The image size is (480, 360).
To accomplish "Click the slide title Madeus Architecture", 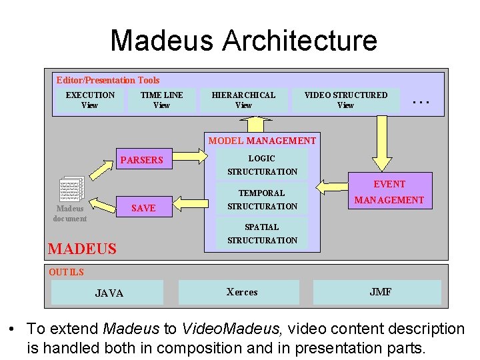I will pos(243,40).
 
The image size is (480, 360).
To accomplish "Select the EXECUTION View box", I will pos(89,100).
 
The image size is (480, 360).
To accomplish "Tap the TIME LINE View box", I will pos(161,100).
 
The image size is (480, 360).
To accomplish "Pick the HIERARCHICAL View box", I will pos(243,100).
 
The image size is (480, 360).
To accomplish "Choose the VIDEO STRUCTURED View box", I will pos(345,100).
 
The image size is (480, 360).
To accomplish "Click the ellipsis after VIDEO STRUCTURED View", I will pos(421,101).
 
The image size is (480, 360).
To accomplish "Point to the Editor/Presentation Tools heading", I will pos(108,80).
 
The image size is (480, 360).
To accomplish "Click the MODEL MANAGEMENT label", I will pos(262,141).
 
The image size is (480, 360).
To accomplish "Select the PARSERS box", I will pos(141,160).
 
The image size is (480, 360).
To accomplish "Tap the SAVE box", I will pos(143,208).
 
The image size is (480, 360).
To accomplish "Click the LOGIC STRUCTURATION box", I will pos(262,165).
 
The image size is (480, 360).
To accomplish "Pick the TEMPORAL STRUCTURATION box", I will pos(262,199).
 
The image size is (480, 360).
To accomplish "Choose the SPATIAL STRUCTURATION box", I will pos(262,233).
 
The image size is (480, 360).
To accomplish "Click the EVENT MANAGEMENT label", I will pos(389,192).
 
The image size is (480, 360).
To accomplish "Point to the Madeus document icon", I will pos(71,191).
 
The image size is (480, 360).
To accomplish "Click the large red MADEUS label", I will pos(82,249).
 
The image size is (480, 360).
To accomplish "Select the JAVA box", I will pos(109,293).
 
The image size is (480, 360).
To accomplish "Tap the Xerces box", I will pos(242,292).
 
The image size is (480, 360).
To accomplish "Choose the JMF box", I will pos(381,292).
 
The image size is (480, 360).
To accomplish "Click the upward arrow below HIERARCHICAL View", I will pos(254,125).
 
